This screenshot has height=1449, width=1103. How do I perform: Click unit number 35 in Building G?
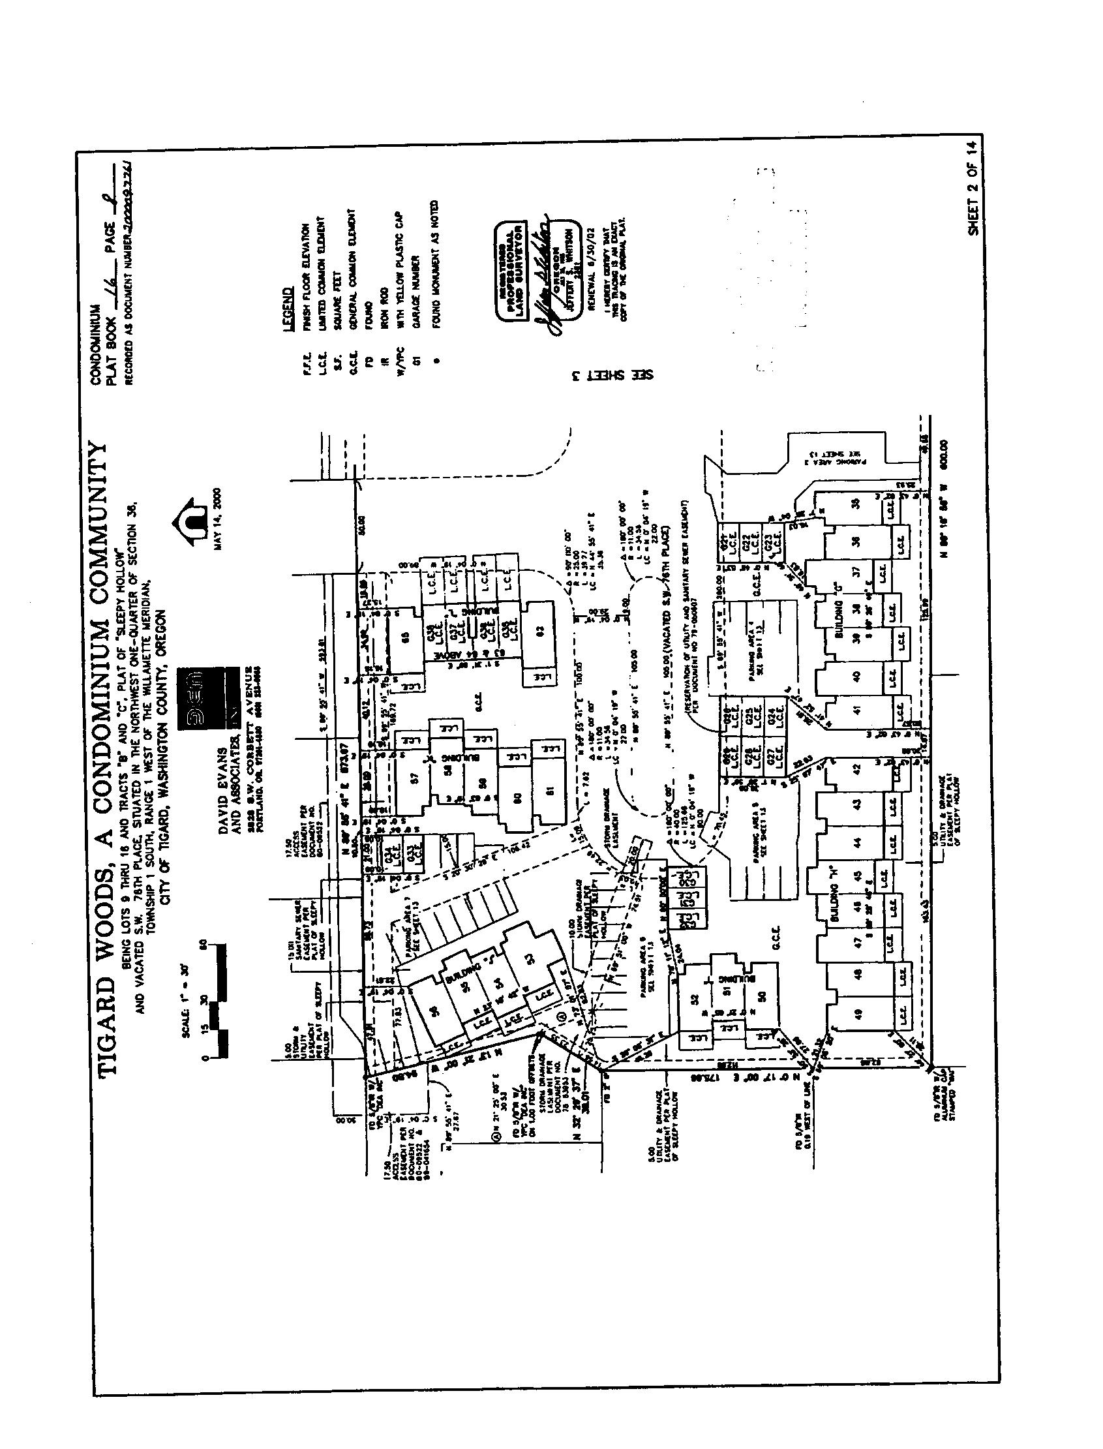tap(855, 504)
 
